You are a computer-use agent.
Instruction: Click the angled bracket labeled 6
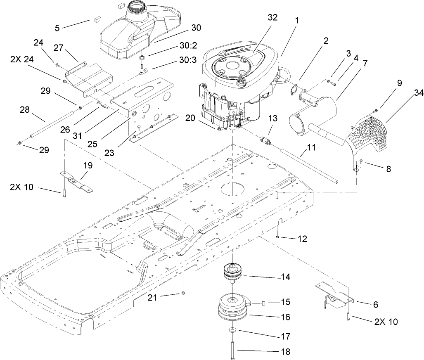click(x=334, y=293)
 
